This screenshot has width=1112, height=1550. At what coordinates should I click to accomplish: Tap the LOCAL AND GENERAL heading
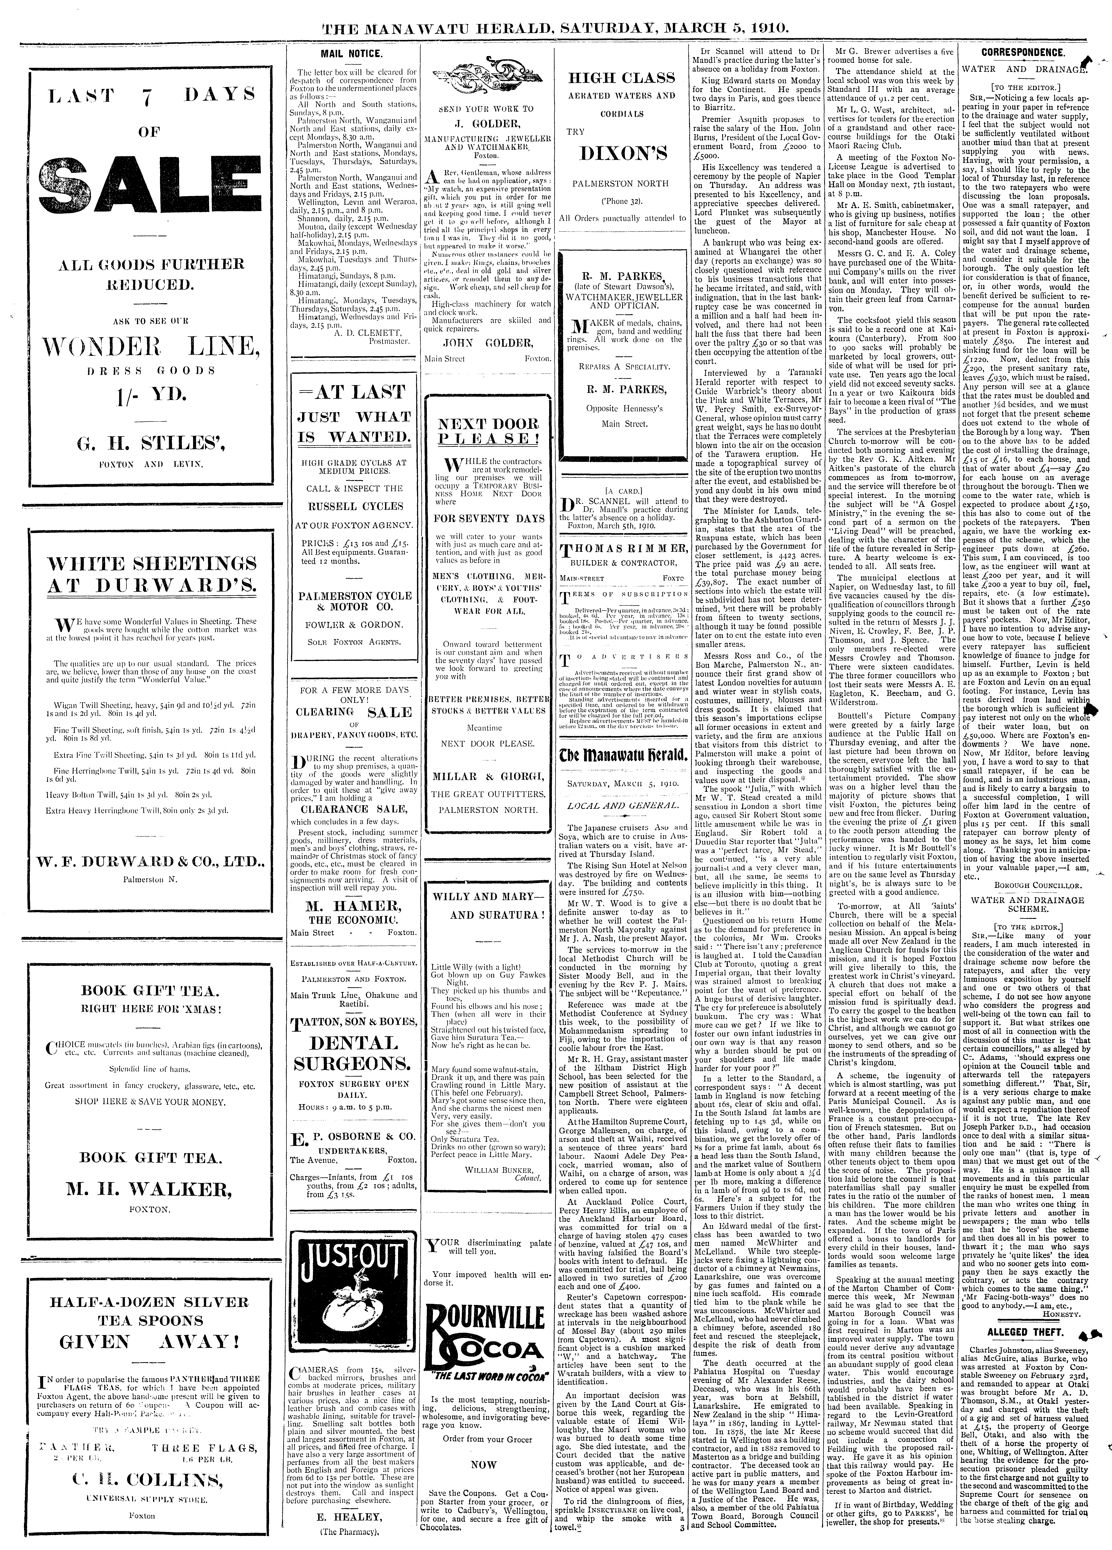621,806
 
